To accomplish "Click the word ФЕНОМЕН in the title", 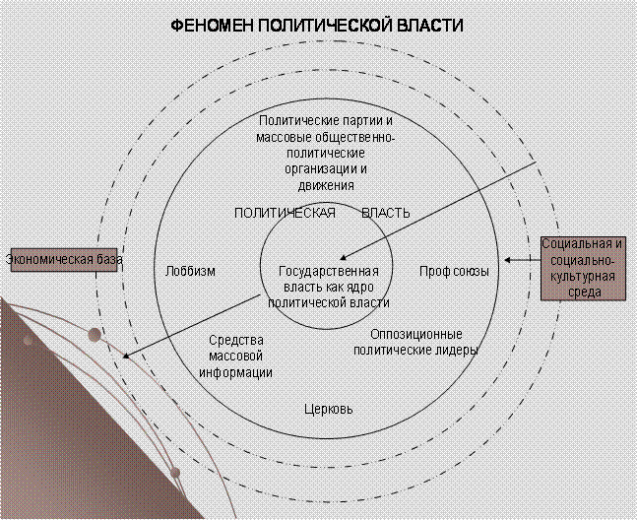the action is (212, 26).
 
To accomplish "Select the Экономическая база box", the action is (64, 260).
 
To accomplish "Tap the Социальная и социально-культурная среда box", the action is (583, 269).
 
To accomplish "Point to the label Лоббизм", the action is (190, 272).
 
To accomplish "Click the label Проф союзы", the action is (454, 272).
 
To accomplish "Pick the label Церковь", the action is (329, 409).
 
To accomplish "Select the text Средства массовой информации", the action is (235, 357).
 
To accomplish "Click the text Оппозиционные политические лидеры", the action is (415, 342).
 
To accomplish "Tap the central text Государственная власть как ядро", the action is (329, 279).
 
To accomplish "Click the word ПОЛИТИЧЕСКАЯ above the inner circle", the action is (286, 213).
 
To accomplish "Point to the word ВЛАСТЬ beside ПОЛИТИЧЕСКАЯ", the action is (386, 213).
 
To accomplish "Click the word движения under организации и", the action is (326, 186).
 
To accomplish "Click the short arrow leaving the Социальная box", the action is (523, 260).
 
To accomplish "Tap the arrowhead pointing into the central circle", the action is (344, 257).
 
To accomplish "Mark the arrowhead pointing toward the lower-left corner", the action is (126, 356).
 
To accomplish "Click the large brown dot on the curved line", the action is (95, 334).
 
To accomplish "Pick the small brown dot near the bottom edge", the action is (175, 473).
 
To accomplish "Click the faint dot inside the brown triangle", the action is (28, 341).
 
